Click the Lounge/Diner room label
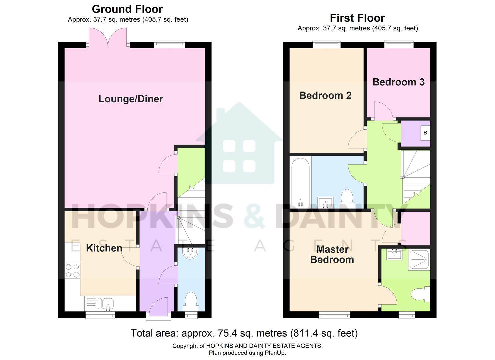[x=131, y=99]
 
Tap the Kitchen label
[x=104, y=248]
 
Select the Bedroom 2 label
[x=325, y=95]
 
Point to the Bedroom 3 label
[x=398, y=82]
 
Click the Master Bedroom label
[x=332, y=254]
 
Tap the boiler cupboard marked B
[x=425, y=133]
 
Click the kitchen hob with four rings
[x=72, y=270]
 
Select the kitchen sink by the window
[x=108, y=304]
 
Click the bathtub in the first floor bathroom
[x=300, y=182]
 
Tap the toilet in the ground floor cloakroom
[x=191, y=301]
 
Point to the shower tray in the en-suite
[x=419, y=259]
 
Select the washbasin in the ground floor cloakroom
[x=191, y=253]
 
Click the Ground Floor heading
[x=127, y=9]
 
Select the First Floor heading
[x=357, y=18]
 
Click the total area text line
[x=244, y=333]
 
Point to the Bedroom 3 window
[x=399, y=44]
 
